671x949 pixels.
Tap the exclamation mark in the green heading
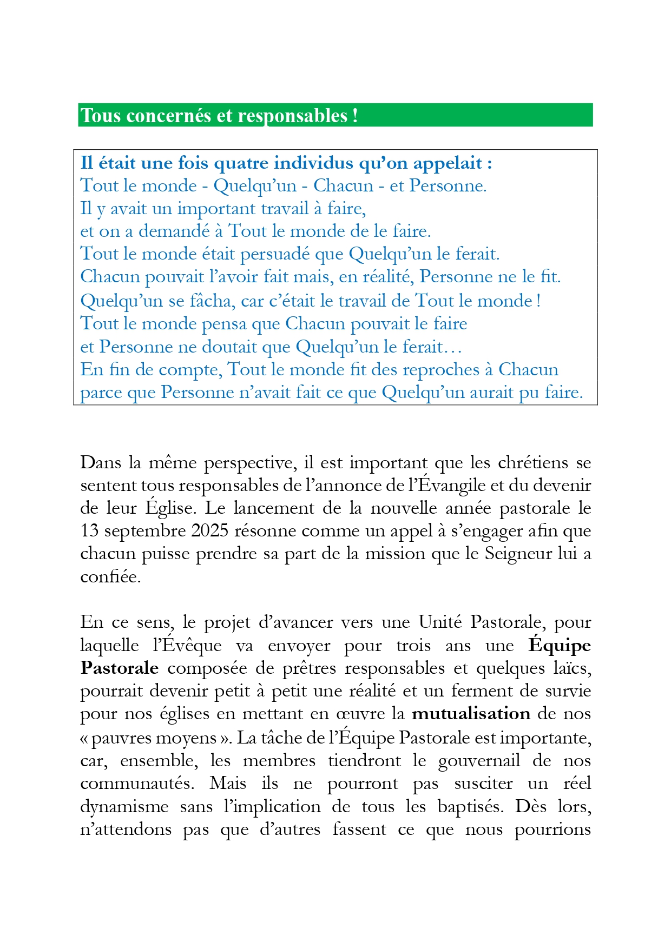(x=355, y=116)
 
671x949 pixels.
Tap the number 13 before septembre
(x=90, y=530)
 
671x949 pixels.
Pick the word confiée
(x=110, y=577)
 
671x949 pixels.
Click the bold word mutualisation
(x=471, y=714)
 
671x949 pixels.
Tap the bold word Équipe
(x=560, y=646)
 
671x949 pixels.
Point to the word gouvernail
(x=479, y=761)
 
